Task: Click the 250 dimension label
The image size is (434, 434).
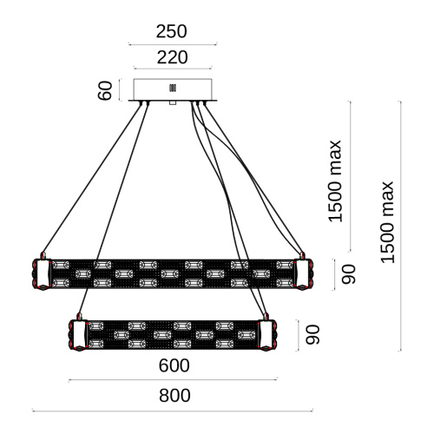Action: click(172, 31)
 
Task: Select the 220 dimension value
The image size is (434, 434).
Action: click(173, 57)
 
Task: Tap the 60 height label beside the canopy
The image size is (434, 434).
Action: click(105, 90)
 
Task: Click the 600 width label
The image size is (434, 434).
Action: click(174, 365)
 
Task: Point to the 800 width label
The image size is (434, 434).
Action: click(174, 395)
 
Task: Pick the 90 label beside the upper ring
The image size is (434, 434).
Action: click(348, 274)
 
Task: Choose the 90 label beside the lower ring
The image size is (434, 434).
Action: click(312, 335)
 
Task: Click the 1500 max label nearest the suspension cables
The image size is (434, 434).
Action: click(335, 181)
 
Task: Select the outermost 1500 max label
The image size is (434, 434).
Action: click(387, 222)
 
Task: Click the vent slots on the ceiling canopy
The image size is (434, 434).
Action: click(173, 88)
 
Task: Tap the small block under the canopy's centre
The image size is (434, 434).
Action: click(173, 102)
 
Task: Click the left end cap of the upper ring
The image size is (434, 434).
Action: click(43, 274)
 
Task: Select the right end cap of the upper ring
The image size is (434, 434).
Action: click(303, 274)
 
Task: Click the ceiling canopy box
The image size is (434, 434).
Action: click(173, 89)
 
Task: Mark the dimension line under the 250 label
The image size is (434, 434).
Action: click(173, 44)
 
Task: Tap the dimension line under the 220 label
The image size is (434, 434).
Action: click(173, 69)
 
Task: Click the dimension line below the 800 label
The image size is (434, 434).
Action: click(173, 411)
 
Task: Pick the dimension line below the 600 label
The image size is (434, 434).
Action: click(173, 380)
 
